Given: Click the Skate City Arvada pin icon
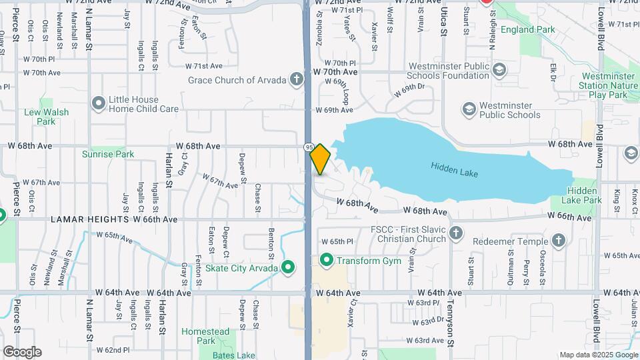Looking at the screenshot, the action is (x=288, y=268).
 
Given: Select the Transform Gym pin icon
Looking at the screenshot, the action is (x=327, y=260).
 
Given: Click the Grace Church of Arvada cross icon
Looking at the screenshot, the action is (x=297, y=80).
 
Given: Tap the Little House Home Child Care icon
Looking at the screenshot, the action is (x=99, y=103).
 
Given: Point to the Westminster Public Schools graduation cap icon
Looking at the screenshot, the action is (x=469, y=109).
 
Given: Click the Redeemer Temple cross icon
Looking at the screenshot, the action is (x=559, y=240).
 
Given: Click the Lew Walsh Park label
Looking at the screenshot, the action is (x=47, y=117).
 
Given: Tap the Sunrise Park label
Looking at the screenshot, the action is (x=107, y=154).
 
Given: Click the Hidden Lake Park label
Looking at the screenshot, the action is (x=583, y=195).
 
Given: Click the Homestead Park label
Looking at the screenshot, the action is (x=205, y=336).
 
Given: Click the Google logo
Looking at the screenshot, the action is (x=22, y=351).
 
